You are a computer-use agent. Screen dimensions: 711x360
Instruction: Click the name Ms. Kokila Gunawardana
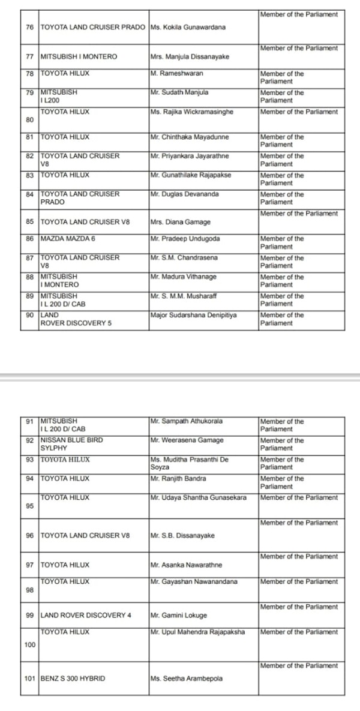point(188,28)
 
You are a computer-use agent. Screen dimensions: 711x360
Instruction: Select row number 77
point(29,56)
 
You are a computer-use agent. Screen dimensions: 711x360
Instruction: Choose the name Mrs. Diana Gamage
point(181,222)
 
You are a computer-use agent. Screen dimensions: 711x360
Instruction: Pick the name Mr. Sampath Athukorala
point(187,422)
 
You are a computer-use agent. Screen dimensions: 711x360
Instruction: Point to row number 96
point(29,536)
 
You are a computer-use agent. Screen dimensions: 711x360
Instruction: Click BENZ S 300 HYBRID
point(73,679)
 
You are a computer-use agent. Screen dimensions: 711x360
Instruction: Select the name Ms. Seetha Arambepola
point(187,679)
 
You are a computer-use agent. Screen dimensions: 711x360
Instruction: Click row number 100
point(30,644)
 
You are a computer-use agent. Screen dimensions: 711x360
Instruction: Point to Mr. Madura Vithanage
point(184,277)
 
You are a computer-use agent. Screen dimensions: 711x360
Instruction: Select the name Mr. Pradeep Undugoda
point(185,239)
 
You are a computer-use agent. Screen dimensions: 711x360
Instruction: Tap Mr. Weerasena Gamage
point(187,440)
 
